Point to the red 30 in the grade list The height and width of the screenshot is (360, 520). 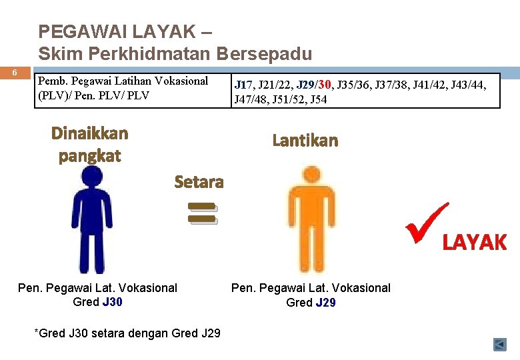(325, 85)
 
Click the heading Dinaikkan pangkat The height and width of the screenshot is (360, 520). (90, 144)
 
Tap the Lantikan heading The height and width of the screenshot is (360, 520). (305, 141)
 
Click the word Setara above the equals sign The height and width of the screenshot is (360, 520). (199, 181)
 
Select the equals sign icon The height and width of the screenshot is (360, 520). (202, 212)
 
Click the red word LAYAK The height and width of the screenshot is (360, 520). (475, 243)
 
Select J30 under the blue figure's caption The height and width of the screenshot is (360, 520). (112, 302)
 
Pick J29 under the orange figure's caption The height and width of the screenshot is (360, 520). (325, 303)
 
